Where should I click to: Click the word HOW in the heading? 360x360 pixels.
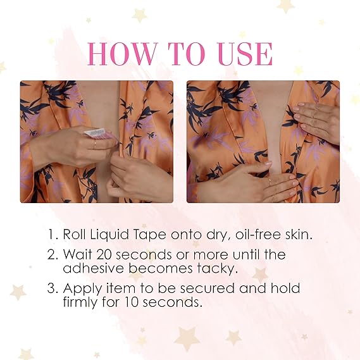122,54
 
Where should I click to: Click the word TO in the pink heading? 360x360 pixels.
186,54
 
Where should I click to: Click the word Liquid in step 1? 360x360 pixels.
109,235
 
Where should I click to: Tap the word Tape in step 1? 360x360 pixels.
149,235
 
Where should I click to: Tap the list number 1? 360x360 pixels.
53,235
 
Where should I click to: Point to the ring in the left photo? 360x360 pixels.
96,145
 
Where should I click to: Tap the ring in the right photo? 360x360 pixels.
270,180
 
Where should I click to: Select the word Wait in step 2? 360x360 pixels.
78,254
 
